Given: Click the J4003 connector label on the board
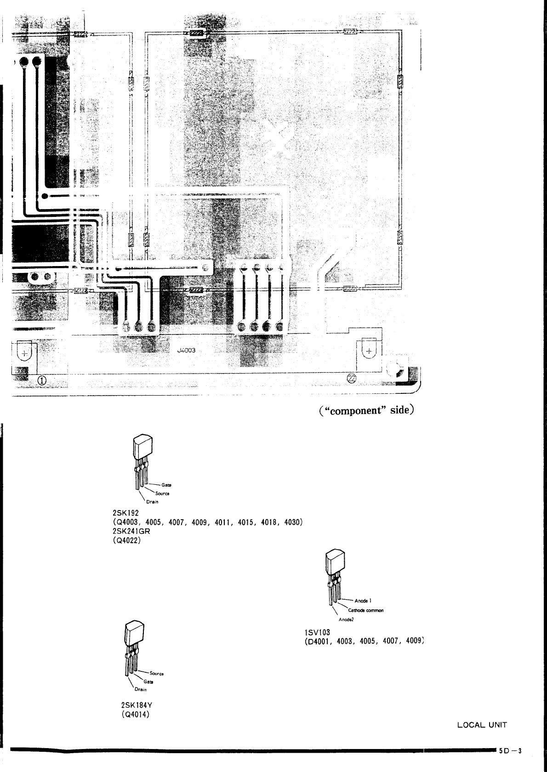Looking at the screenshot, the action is pos(186,350).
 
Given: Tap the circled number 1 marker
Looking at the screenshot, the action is pos(42,380).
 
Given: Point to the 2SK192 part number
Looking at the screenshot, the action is pos(126,513).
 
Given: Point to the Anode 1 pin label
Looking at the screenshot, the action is pos(363,601).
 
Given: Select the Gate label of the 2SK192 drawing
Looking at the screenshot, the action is pos(166,485).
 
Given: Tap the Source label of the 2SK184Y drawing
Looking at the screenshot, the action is pos(156,674).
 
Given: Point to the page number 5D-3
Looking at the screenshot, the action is pos(511,751).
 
